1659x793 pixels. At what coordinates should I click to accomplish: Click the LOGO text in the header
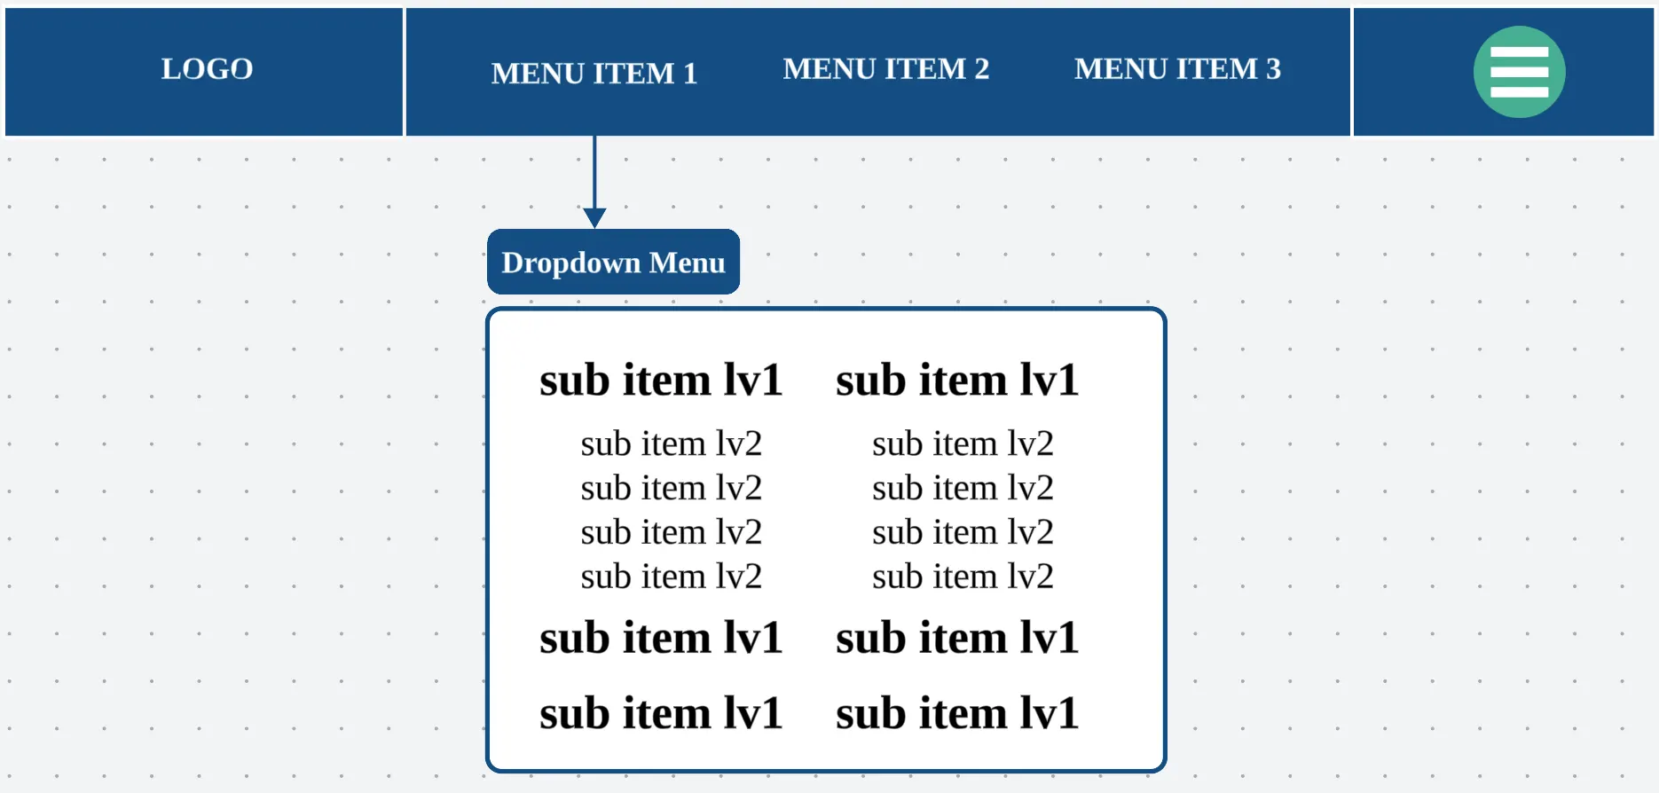207,68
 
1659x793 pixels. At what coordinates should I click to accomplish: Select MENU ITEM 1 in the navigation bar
594,73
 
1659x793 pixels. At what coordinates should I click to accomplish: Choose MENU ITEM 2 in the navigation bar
885,68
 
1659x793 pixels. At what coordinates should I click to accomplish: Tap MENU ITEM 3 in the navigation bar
1177,68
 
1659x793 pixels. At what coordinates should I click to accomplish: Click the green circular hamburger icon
1519,72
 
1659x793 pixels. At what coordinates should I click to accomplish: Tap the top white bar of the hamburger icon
1519,52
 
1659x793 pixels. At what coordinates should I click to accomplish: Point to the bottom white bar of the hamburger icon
1519,91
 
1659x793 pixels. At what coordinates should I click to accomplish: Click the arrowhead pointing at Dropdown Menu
594,217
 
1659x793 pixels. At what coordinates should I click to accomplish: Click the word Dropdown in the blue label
570,263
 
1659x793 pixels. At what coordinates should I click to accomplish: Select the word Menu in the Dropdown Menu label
687,263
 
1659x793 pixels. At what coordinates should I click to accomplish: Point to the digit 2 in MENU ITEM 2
981,68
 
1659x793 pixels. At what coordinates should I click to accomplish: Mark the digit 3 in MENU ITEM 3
1273,68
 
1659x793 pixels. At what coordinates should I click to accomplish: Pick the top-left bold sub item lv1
661,380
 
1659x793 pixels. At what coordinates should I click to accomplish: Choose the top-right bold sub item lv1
957,380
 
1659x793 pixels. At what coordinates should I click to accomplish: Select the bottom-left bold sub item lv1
661,712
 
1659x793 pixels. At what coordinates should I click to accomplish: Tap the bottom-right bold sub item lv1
957,712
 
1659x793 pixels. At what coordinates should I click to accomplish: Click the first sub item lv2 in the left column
672,444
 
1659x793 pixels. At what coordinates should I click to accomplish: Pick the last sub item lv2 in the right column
963,577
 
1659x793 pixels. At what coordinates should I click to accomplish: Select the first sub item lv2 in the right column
963,444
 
